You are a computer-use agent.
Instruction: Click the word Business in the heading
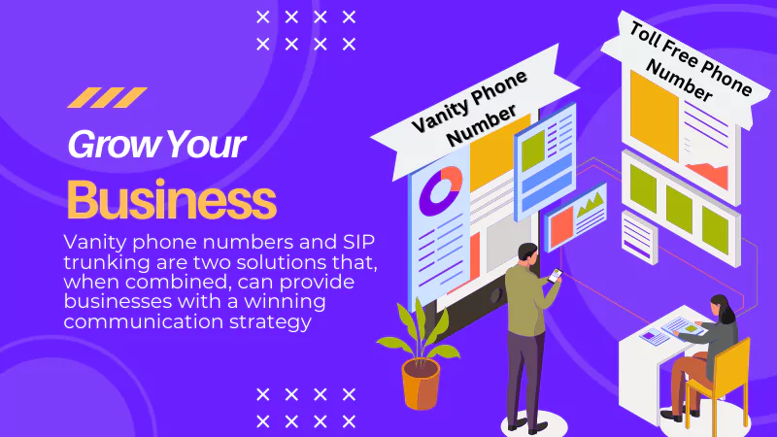[172, 200]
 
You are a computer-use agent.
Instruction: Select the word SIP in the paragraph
[358, 242]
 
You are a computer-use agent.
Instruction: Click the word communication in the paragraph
[143, 322]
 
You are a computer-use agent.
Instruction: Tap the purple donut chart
[441, 190]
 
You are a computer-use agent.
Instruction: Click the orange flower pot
[421, 384]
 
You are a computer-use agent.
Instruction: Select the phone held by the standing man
[555, 276]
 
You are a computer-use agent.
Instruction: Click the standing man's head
[527, 254]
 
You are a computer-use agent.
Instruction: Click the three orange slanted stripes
[107, 98]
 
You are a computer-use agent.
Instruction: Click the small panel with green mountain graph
[576, 216]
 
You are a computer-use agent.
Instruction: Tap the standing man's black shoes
[525, 425]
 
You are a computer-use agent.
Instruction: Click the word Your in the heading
[207, 144]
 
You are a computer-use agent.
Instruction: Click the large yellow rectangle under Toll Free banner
[654, 117]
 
